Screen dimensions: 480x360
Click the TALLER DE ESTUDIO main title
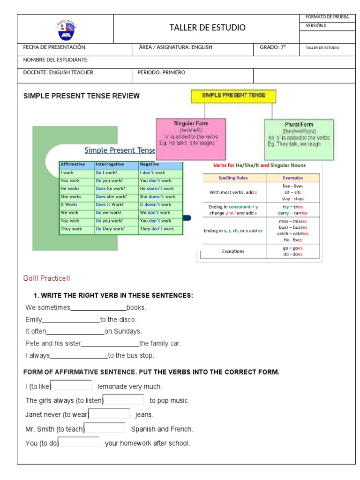pos(207,28)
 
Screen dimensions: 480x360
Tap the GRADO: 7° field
pos(272,47)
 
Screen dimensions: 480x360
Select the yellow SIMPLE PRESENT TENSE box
pos(233,96)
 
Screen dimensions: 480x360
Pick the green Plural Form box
pos(299,139)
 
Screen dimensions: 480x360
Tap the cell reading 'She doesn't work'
pos(157,197)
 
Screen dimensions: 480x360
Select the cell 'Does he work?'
pos(111,188)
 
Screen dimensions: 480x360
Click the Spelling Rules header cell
pos(233,178)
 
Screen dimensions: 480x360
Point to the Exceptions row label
pos(233,251)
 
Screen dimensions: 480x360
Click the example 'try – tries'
pos(293,207)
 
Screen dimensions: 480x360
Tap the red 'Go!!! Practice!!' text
pos(47,278)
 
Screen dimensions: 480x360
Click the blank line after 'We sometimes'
pos(98,308)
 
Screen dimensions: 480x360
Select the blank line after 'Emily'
pos(71,320)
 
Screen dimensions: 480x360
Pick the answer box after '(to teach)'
pos(105,428)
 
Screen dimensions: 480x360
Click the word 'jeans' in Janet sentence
pos(144,415)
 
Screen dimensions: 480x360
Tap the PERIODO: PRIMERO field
pos(161,73)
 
